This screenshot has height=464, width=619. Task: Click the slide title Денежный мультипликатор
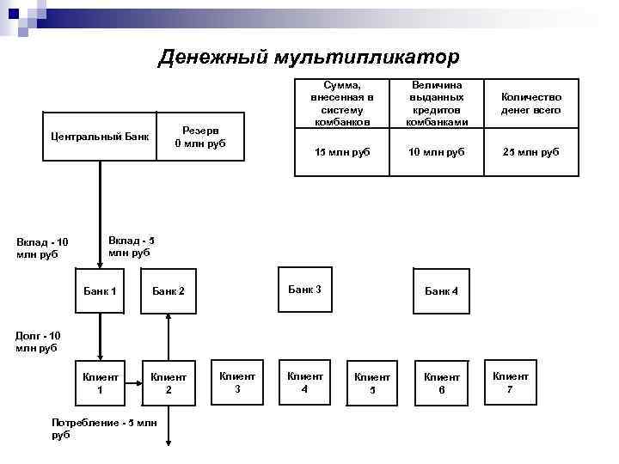point(309,57)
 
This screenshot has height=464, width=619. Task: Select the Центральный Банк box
point(100,136)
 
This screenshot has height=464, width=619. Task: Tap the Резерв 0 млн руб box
point(199,137)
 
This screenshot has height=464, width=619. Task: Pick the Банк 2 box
point(169,291)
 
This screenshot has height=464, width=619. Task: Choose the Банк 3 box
point(304,290)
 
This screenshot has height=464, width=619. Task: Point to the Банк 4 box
point(441,291)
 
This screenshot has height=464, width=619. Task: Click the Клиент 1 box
point(100,382)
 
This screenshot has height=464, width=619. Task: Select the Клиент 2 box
point(169,382)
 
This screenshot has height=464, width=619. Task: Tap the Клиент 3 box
point(237,382)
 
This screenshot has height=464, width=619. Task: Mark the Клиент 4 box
point(304,382)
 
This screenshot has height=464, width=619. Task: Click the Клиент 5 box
point(372,382)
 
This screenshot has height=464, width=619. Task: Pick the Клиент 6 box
point(441,382)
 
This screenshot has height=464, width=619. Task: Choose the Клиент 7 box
point(510,382)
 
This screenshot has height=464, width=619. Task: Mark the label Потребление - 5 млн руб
point(104,429)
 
